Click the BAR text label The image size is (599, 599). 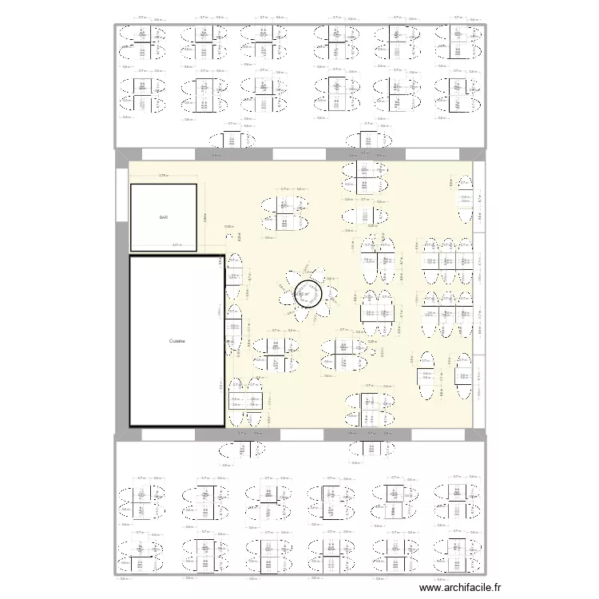[x=164, y=217]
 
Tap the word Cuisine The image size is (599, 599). [x=177, y=341]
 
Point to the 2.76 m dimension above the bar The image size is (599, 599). [x=163, y=176]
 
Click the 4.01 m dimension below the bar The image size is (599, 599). [x=177, y=246]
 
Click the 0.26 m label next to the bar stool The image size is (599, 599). [x=228, y=226]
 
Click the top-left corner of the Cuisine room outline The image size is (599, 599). [x=130, y=256]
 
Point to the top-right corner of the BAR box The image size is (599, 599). [x=196, y=185]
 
